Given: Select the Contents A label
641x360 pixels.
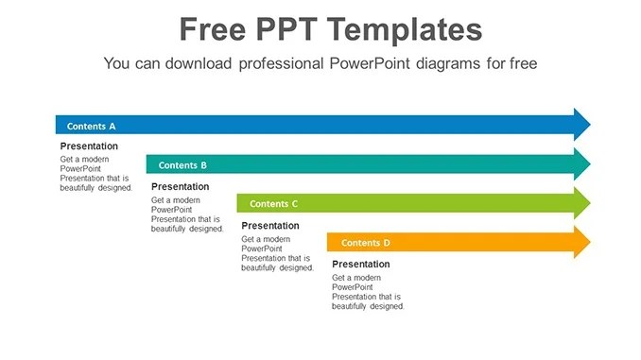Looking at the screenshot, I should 92,126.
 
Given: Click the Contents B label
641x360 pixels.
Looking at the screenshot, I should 182,165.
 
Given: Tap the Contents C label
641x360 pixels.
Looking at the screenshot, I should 273,203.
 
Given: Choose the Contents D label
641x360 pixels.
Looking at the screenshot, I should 365,243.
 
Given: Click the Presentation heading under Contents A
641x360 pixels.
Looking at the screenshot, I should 89,146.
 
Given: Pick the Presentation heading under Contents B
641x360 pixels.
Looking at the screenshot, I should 180,187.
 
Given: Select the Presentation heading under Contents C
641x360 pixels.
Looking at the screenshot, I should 270,226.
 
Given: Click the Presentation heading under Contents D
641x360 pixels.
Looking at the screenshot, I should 360,265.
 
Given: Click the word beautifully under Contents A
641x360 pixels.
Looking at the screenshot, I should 80,188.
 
